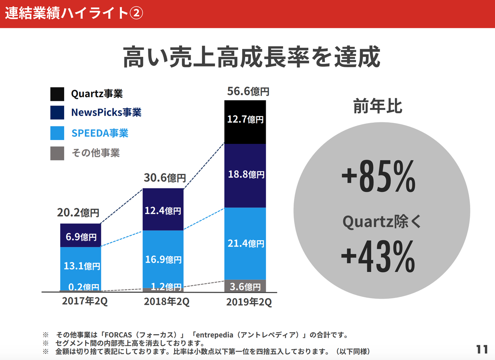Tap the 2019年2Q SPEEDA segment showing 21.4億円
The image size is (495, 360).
(x=245, y=243)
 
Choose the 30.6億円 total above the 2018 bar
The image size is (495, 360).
(x=165, y=178)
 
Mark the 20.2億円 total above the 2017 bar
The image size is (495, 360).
(x=78, y=213)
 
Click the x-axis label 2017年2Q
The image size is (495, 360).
(x=85, y=302)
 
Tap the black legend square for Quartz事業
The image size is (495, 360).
(x=57, y=94)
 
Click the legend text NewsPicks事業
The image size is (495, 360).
(x=106, y=113)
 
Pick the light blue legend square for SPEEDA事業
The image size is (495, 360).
(x=57, y=133)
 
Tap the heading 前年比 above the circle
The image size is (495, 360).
(x=378, y=107)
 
